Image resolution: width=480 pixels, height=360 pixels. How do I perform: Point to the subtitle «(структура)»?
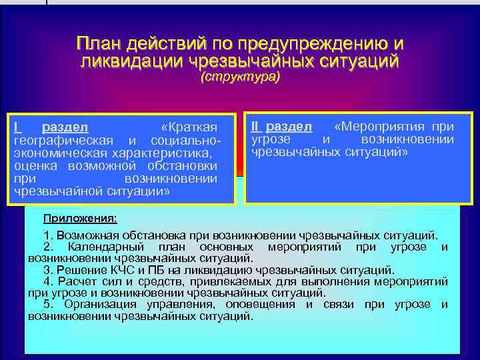point(241,77)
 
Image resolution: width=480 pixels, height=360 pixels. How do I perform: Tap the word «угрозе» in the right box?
point(271,139)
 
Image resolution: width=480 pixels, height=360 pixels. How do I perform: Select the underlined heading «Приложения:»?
point(79,218)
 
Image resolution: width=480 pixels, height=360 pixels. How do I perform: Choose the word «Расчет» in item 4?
point(74,282)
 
